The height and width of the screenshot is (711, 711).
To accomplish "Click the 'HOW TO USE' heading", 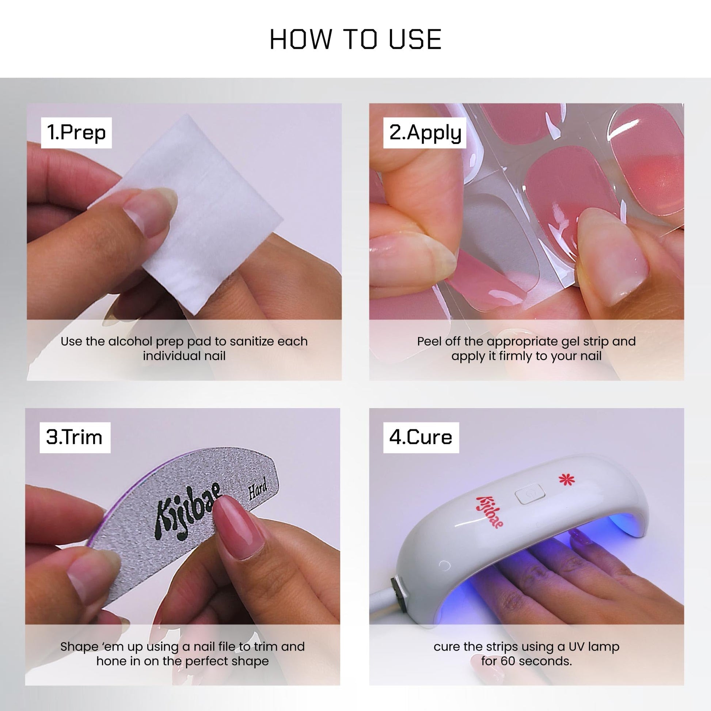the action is [x=355, y=39].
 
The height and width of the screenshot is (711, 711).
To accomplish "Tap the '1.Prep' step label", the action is [x=76, y=133].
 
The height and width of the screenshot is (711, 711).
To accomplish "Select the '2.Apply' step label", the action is [x=425, y=133].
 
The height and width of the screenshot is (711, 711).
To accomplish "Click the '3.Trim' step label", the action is [x=75, y=438].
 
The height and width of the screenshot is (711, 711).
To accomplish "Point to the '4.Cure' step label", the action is [x=421, y=438].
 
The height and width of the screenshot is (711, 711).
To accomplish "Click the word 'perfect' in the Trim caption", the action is [x=207, y=661].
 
